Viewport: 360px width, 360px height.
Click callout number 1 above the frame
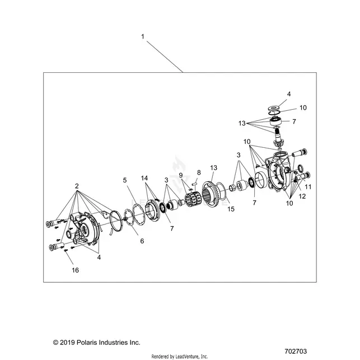tap(143, 37)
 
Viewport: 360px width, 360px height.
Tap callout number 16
tap(76, 270)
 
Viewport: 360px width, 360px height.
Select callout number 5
tap(125, 180)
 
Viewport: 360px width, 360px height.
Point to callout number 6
tap(142, 241)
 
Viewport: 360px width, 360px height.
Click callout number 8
tap(199, 172)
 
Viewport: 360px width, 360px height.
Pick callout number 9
tap(181, 175)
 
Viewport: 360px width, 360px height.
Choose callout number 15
tap(231, 209)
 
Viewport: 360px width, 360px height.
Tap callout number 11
tap(308, 187)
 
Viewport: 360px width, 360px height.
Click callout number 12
tap(302, 197)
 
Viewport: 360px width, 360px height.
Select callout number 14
tap(144, 178)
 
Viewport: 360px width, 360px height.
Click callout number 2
tap(77, 186)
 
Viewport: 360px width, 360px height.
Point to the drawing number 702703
tap(296, 351)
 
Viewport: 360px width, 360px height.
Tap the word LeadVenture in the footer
tap(186, 356)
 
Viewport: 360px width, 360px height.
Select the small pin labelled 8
tap(194, 184)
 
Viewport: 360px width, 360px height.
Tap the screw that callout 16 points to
tap(66, 250)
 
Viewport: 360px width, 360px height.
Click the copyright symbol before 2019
tap(55, 343)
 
